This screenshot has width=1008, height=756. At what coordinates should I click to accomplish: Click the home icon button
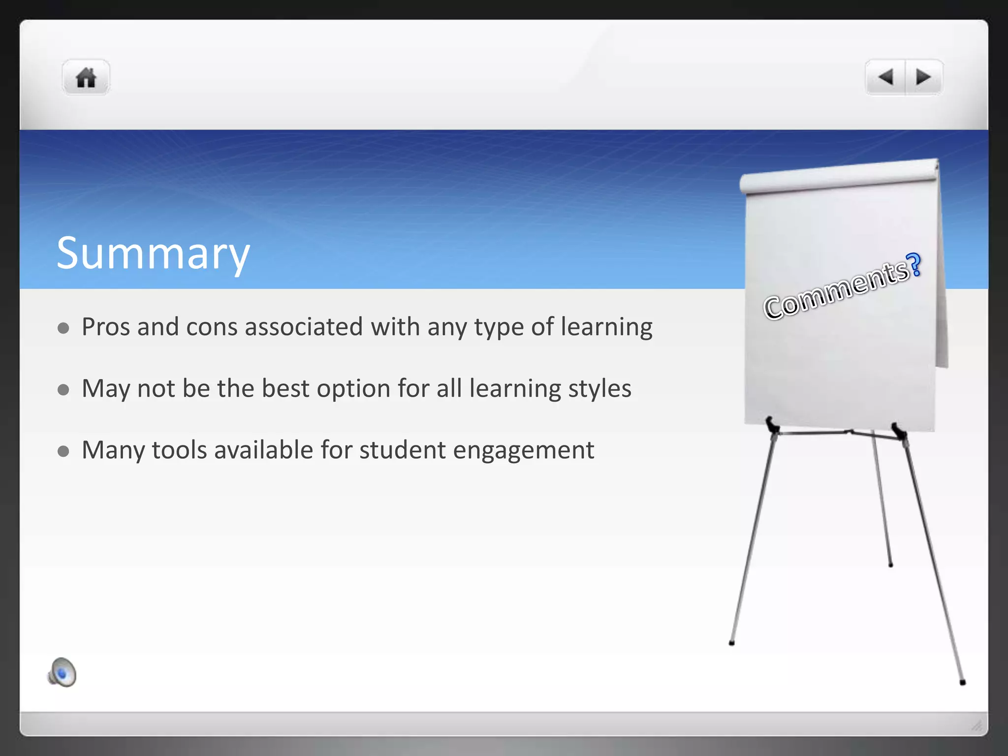point(86,78)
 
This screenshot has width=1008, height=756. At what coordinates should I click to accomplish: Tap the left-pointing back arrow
point(885,77)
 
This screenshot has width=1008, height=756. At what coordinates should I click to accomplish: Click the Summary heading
point(153,253)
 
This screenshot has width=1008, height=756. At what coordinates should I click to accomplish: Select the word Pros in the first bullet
point(105,327)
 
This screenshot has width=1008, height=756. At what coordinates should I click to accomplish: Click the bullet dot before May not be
point(63,390)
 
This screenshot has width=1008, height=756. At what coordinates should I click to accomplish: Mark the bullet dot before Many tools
point(63,451)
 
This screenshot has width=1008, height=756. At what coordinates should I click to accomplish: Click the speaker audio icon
point(62,672)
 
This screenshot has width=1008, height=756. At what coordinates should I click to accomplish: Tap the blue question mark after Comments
point(914,265)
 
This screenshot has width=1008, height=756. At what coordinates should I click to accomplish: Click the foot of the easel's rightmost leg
point(963,682)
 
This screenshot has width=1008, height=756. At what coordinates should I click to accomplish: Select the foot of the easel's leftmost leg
point(731,643)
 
